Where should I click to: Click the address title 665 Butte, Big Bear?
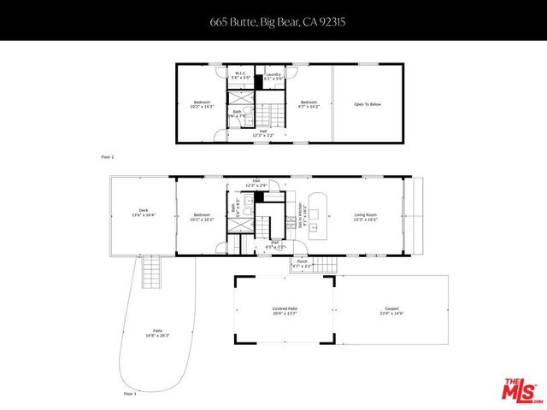click(273, 21)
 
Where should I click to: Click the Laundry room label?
click(273, 75)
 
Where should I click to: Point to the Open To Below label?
click(367, 104)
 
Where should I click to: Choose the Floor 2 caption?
click(108, 157)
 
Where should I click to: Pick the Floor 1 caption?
click(130, 394)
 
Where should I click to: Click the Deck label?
click(144, 213)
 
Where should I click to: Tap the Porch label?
click(303, 263)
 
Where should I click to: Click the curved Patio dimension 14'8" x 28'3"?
click(157, 336)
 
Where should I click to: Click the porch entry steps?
click(325, 264)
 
